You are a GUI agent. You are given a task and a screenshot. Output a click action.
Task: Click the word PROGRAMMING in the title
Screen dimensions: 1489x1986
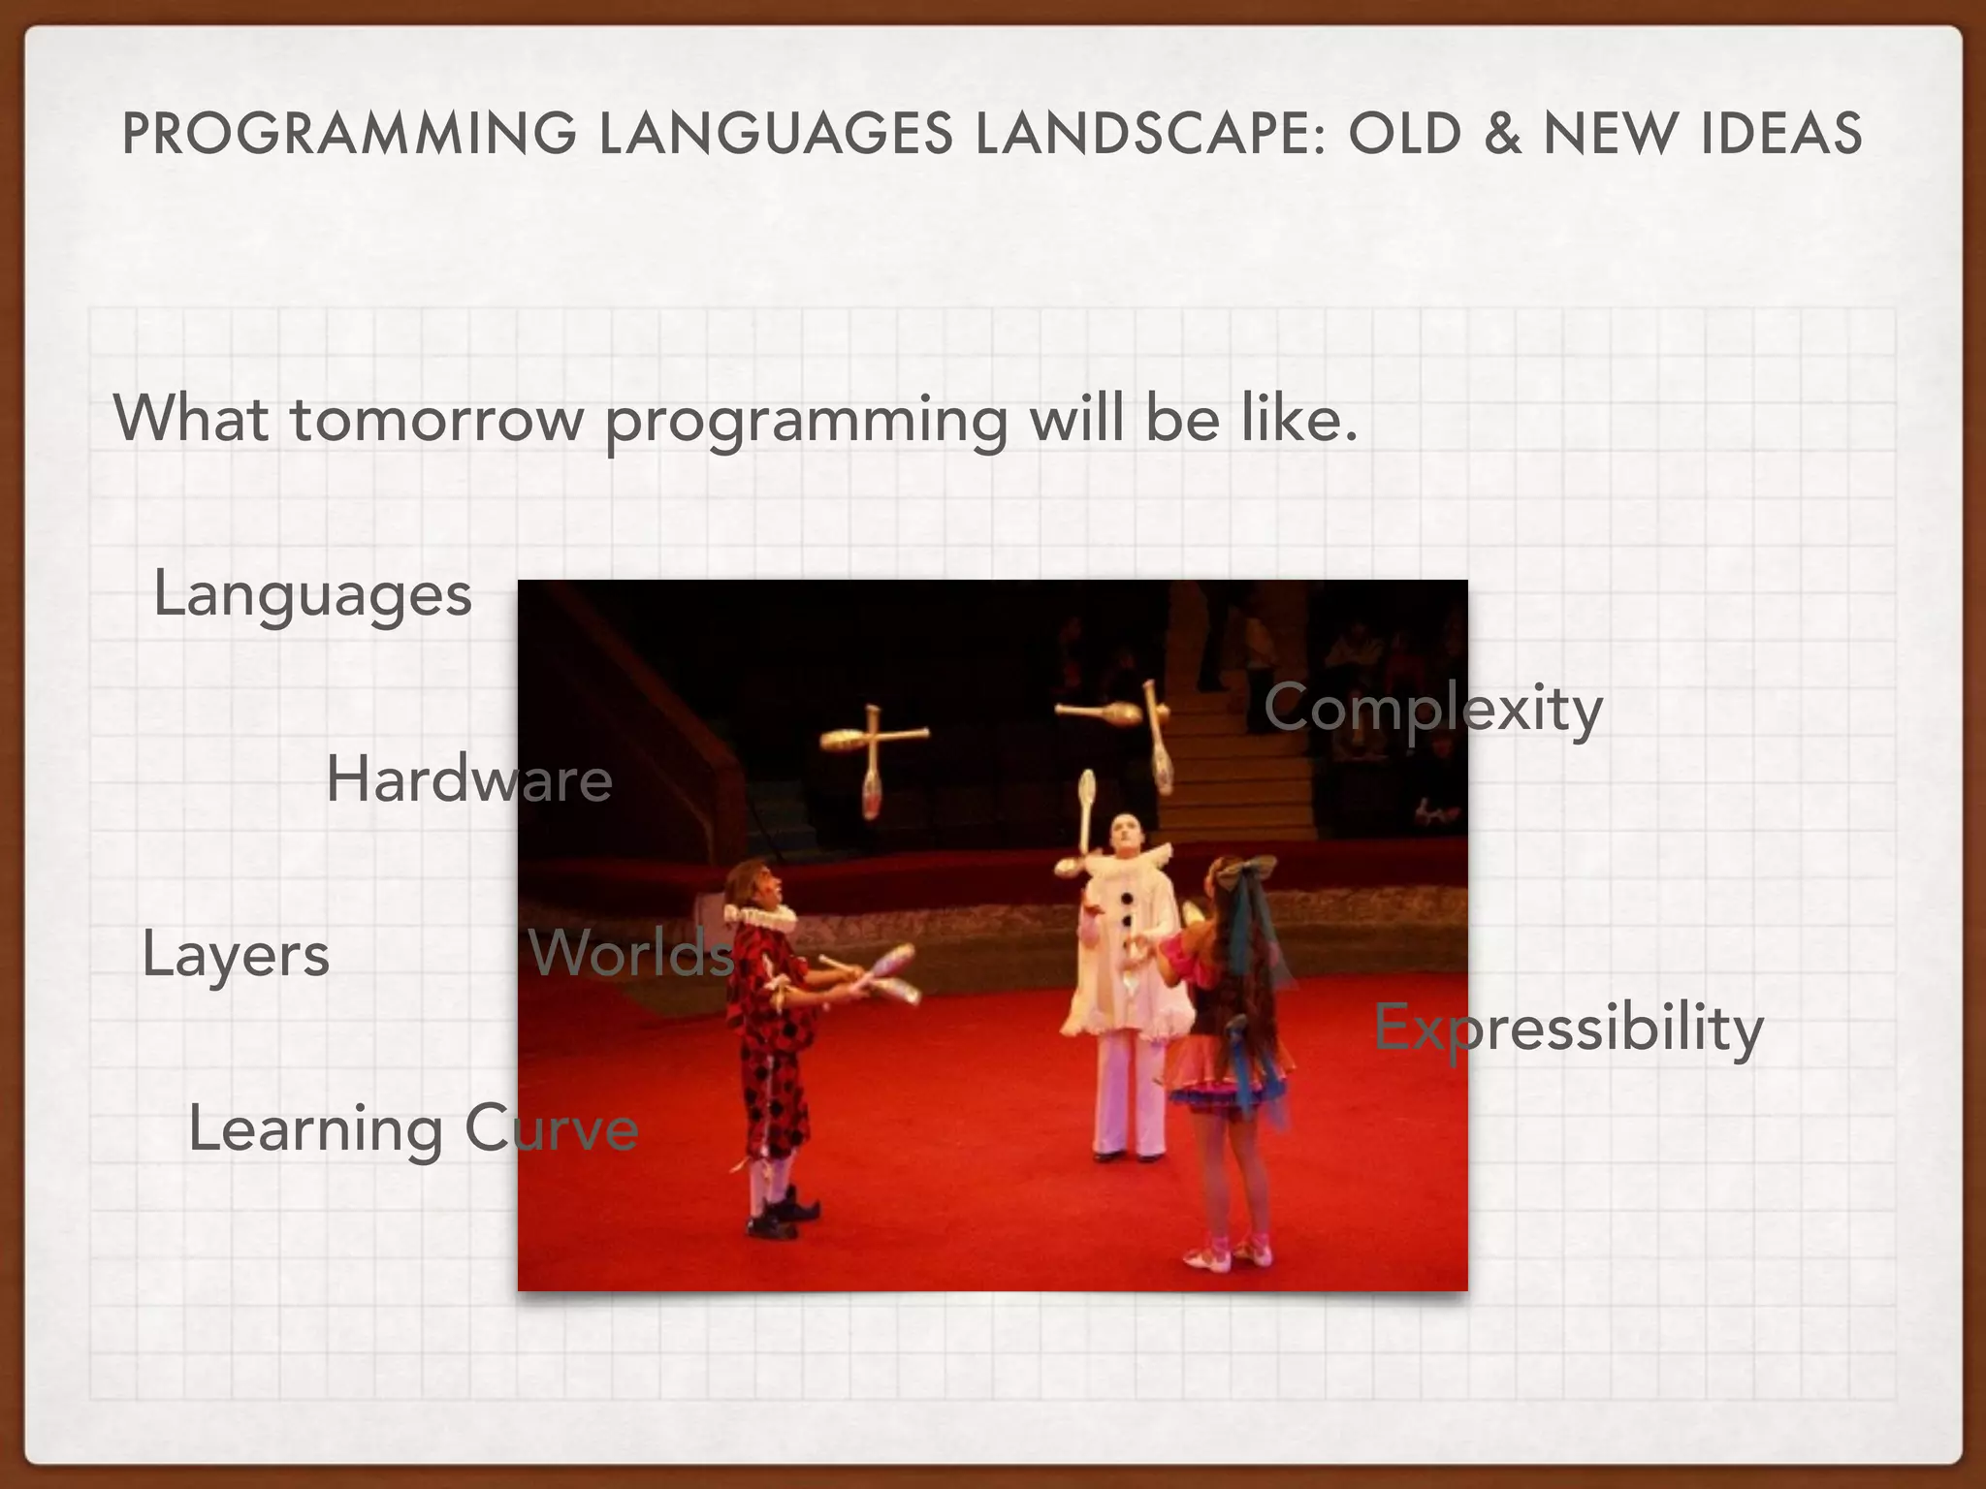(349, 134)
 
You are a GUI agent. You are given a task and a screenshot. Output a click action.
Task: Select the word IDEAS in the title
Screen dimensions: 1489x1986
(1780, 134)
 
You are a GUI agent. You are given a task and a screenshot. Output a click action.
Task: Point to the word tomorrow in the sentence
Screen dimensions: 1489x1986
(436, 420)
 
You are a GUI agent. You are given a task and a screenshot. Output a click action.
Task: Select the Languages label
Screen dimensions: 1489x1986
(312, 594)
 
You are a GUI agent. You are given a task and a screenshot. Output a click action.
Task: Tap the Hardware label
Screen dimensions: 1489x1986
(469, 779)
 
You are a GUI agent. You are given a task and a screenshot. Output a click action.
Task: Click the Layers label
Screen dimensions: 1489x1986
(236, 955)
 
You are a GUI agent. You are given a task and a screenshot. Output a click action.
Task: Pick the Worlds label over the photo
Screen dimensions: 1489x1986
(631, 953)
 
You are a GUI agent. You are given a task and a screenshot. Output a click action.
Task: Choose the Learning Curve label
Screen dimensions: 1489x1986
(413, 1129)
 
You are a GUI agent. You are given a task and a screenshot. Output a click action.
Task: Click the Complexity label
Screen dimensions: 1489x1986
(1432, 709)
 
